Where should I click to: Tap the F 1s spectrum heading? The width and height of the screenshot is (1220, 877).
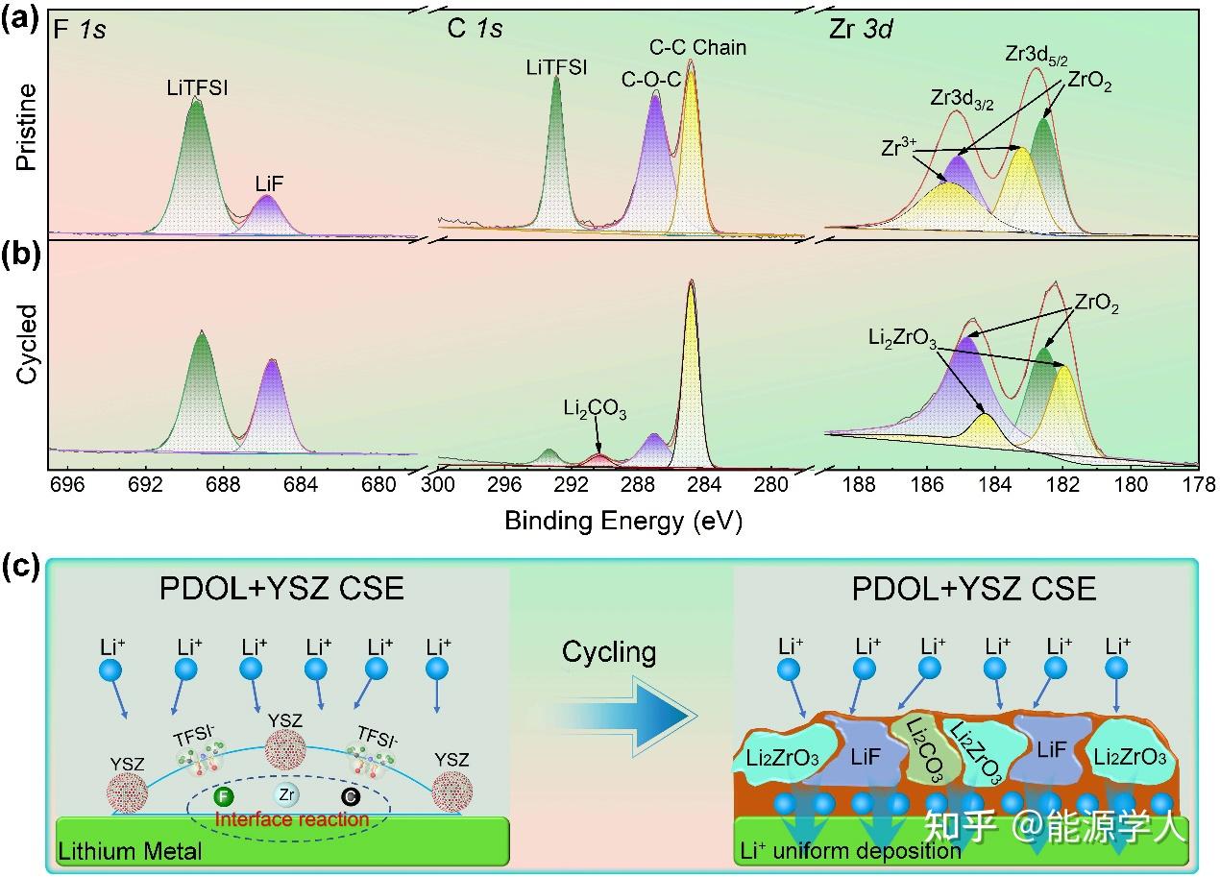point(79,30)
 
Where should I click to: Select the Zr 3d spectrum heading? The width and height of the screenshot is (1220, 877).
point(861,30)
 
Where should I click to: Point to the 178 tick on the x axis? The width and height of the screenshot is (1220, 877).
point(1198,483)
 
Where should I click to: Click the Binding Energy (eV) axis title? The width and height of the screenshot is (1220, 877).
point(623,521)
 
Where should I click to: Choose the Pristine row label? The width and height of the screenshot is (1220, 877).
point(27,128)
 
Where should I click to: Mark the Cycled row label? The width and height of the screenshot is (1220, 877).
point(27,345)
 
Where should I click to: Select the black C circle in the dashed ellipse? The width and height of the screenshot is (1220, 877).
point(350,795)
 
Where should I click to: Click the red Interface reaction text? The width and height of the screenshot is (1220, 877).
point(292,819)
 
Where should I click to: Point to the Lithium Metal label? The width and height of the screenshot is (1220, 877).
point(131,851)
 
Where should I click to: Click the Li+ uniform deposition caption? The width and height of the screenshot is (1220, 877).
point(851,850)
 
